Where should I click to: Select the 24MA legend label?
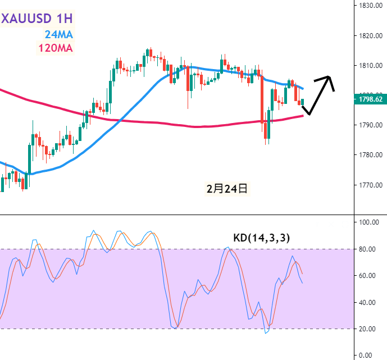pyautogui.click(x=58, y=34)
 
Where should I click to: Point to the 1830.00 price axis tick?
pyautogui.click(x=371, y=6)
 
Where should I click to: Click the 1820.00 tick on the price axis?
pyautogui.click(x=371, y=35)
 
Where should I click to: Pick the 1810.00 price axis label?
pyautogui.click(x=371, y=65)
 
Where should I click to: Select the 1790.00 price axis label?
pyautogui.click(x=371, y=125)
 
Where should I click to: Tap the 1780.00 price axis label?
pyautogui.click(x=371, y=154)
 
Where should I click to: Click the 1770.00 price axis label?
pyautogui.click(x=371, y=185)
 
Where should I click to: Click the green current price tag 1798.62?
pyautogui.click(x=371, y=99)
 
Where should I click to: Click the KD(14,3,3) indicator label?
pyautogui.click(x=262, y=238)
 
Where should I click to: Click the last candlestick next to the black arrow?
pyautogui.click(x=303, y=102)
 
